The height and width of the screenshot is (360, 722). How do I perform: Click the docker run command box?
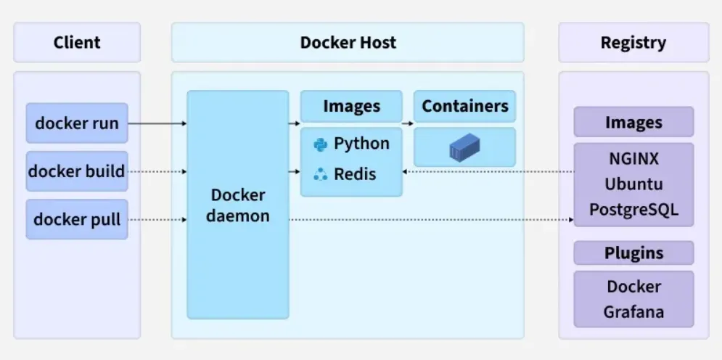[77, 123]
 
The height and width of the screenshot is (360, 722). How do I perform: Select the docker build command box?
[77, 171]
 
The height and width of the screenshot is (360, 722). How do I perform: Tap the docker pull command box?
[77, 218]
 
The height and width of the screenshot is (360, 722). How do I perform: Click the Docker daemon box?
[237, 205]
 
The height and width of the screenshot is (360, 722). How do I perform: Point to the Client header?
[77, 42]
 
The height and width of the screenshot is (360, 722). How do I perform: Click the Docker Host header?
[348, 42]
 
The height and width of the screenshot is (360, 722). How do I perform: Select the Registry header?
[633, 42]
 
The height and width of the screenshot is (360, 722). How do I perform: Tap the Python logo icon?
[320, 144]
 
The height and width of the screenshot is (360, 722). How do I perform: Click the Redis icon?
[320, 174]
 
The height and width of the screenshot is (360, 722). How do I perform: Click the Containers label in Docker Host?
[464, 106]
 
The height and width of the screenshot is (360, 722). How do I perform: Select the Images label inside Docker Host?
[351, 106]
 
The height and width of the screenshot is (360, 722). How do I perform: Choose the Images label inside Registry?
[633, 122]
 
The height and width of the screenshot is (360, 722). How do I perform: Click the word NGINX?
[633, 158]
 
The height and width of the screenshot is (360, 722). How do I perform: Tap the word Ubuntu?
[633, 184]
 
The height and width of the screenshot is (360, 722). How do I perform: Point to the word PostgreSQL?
[633, 209]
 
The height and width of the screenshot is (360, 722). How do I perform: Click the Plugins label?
[633, 253]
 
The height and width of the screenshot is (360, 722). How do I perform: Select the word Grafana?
[633, 312]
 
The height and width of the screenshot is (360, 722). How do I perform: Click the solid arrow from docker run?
[157, 123]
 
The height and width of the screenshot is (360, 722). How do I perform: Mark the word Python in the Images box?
[361, 144]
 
